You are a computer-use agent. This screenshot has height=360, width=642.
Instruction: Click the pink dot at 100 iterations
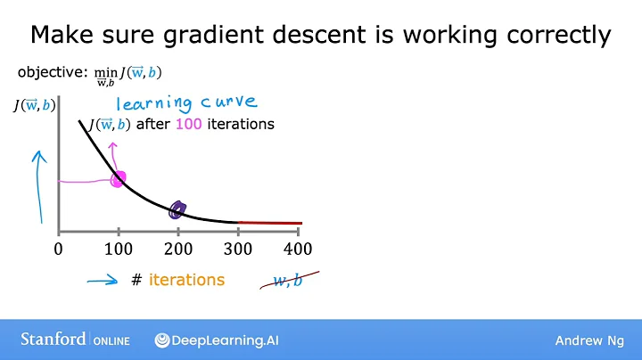(118, 179)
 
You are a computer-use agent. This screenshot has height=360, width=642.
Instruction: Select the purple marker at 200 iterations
(177, 210)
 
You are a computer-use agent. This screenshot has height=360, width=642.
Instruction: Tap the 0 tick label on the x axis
(59, 249)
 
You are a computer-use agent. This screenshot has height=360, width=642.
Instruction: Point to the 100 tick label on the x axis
(118, 249)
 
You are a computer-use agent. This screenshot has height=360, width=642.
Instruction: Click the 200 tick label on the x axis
(178, 249)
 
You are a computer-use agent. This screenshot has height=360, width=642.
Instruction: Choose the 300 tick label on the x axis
(239, 249)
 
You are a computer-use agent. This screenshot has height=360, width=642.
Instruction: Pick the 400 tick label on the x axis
(299, 249)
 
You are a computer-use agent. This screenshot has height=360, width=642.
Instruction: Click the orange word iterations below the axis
(186, 280)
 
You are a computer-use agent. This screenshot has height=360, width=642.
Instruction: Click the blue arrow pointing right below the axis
(102, 280)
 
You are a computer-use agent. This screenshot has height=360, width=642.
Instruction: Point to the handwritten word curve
(226, 102)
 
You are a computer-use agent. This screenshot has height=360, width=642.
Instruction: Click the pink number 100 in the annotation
(188, 125)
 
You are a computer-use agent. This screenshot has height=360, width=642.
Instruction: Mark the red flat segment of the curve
(271, 223)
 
